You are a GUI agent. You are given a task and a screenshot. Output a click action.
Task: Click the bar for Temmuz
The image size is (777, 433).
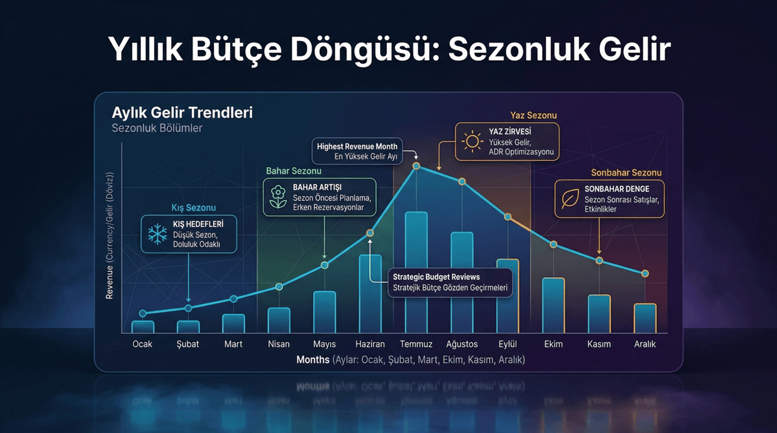tap(416, 271)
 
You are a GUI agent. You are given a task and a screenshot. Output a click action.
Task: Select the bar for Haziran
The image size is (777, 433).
tap(370, 293)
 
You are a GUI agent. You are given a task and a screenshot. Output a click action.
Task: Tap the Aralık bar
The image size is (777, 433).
tap(645, 318)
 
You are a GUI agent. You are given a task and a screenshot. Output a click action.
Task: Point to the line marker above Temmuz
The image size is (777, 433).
tap(416, 166)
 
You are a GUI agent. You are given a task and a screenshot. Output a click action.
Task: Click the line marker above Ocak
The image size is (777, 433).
tap(142, 313)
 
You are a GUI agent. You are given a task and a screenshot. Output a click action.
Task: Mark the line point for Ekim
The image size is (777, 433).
tap(553, 244)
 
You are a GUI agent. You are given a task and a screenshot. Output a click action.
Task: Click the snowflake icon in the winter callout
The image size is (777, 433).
tap(157, 234)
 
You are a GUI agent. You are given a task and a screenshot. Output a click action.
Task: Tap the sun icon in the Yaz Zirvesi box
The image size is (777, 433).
tap(472, 142)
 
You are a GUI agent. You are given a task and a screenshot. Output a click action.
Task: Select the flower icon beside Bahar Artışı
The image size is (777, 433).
tap(278, 197)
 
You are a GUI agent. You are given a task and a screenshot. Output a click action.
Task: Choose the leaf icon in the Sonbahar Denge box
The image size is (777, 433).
tap(570, 199)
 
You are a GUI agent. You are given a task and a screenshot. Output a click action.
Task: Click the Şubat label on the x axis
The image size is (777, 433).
tap(188, 344)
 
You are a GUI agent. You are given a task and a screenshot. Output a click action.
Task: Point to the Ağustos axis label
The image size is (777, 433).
tap(462, 344)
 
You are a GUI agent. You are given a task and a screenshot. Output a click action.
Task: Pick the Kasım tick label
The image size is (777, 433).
tap(599, 344)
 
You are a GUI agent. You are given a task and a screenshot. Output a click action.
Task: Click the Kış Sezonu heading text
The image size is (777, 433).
tap(193, 208)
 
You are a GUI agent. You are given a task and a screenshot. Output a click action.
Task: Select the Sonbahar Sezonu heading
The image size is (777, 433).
tap(626, 173)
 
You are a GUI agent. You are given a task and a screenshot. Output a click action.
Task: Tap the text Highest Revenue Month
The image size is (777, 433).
tap(357, 146)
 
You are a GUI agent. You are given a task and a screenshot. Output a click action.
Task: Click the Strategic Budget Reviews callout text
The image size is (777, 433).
tap(436, 277)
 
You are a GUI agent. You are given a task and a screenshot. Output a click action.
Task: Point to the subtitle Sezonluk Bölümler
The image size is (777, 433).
tap(157, 128)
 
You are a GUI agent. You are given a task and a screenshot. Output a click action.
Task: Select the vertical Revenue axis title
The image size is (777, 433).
tap(110, 236)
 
